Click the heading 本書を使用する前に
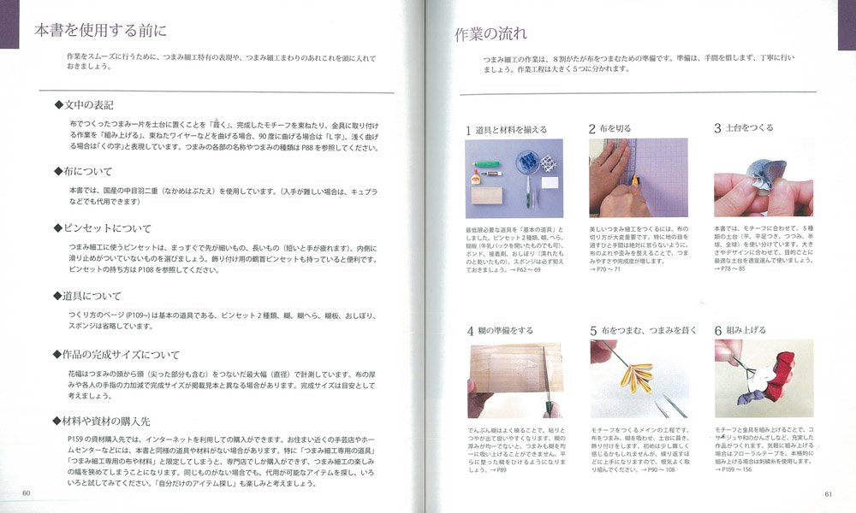100,32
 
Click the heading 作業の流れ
490,35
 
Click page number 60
27,492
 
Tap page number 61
828,492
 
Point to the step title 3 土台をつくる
744,128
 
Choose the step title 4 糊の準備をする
500,330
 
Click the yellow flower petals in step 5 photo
633,376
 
